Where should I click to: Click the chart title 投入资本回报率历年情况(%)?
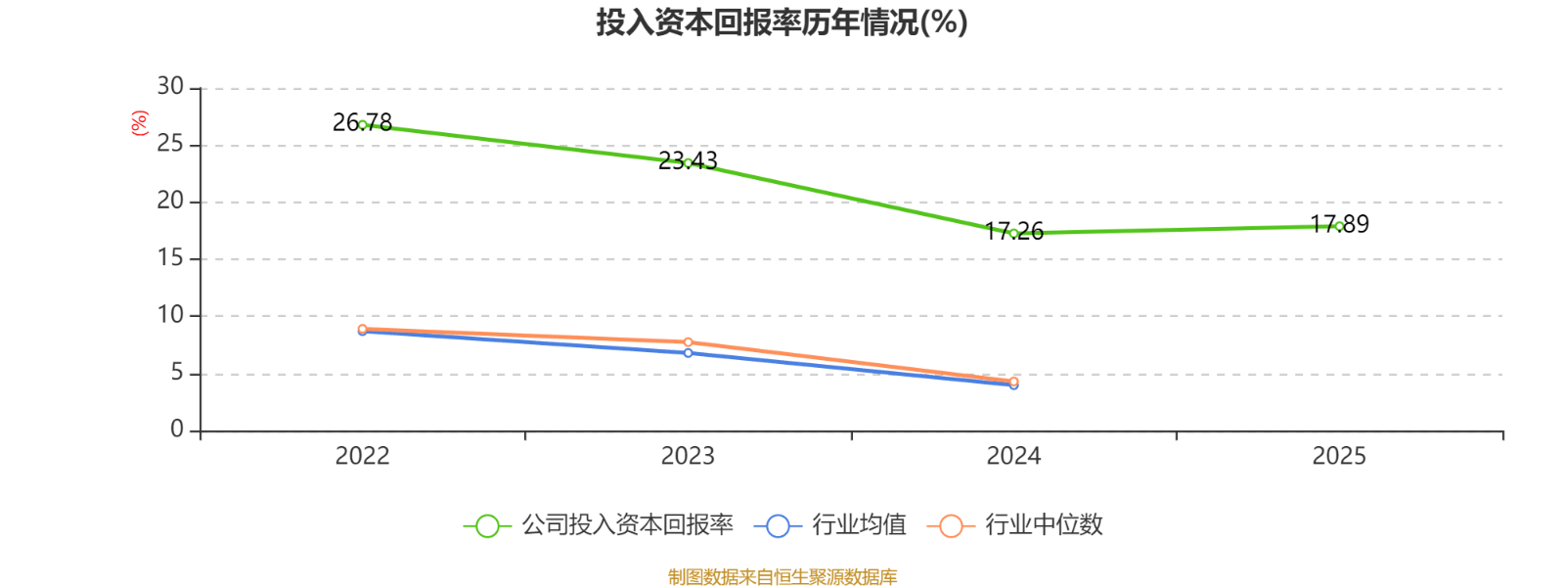pos(782,22)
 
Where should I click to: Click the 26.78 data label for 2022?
pos(362,122)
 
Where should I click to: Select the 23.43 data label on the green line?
pos(688,160)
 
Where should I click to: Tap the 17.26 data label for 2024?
pos(1014,231)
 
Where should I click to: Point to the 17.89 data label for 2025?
pos(1340,224)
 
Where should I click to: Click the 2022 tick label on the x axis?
pos(362,456)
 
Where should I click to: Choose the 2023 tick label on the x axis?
pos(688,456)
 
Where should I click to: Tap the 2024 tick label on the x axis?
pos(1013,456)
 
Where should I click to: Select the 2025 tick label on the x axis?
pos(1339,456)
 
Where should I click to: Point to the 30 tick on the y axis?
pos(170,87)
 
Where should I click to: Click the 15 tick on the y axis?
pos(170,258)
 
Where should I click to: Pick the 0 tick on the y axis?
pos(177,429)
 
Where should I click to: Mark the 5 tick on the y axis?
pos(177,373)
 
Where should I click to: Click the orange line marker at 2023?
pos(688,342)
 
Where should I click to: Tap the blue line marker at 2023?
pos(688,353)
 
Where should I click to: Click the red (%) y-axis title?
pos(140,122)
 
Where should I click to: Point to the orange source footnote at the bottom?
pos(782,577)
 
